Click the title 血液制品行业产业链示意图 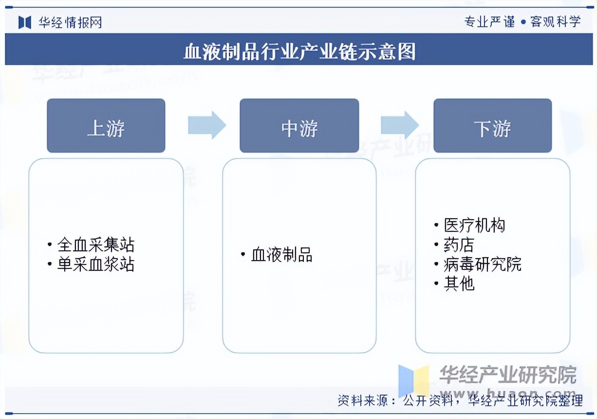click(299, 51)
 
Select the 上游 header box click(106, 126)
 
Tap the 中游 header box click(299, 126)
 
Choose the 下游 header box click(492, 126)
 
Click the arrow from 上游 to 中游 click(207, 125)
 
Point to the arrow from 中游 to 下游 click(400, 125)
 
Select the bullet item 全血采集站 click(95, 244)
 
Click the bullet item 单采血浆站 click(95, 264)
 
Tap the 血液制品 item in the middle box click(281, 254)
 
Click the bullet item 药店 click(459, 245)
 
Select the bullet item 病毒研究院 click(483, 264)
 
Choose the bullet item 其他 click(459, 284)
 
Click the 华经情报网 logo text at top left click(70, 22)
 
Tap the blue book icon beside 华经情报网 click(25, 22)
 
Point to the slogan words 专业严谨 click(489, 22)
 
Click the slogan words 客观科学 click(556, 22)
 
